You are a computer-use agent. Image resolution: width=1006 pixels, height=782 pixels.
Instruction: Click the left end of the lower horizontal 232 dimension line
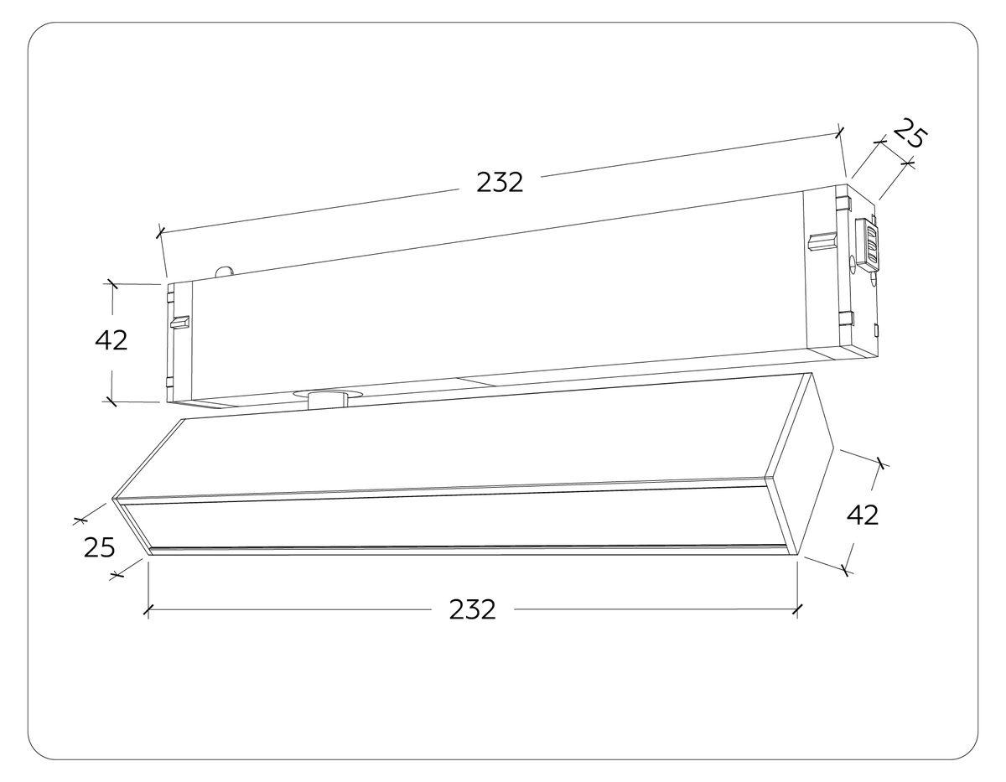tap(148, 610)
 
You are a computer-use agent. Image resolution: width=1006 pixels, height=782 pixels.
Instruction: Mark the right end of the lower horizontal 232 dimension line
tap(797, 610)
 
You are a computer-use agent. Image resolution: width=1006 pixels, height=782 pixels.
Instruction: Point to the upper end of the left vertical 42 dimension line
tap(112, 283)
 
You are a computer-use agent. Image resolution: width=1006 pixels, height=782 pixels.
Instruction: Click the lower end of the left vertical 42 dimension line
tap(112, 401)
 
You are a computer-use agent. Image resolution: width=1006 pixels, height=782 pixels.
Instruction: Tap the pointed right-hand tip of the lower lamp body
tap(834, 447)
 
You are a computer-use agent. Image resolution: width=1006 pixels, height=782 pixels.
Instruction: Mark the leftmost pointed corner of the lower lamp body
tap(112, 499)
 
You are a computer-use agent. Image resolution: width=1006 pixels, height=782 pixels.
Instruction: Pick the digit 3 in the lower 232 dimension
tap(472, 609)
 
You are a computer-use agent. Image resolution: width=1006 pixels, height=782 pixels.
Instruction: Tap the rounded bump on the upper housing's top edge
tap(225, 272)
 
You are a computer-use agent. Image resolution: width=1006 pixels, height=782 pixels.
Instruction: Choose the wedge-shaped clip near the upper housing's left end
tap(179, 322)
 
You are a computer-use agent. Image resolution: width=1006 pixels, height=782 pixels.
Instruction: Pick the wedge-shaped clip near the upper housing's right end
tap(822, 241)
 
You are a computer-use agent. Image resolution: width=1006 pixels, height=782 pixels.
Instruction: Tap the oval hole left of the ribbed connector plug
tap(852, 264)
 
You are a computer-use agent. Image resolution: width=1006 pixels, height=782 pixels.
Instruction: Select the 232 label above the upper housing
tap(500, 182)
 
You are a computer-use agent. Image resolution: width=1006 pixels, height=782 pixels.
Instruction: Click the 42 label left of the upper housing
tap(111, 340)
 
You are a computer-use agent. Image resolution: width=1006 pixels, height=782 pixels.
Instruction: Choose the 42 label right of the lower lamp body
tap(863, 515)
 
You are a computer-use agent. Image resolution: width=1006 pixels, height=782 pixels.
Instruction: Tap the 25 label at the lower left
tap(100, 547)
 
